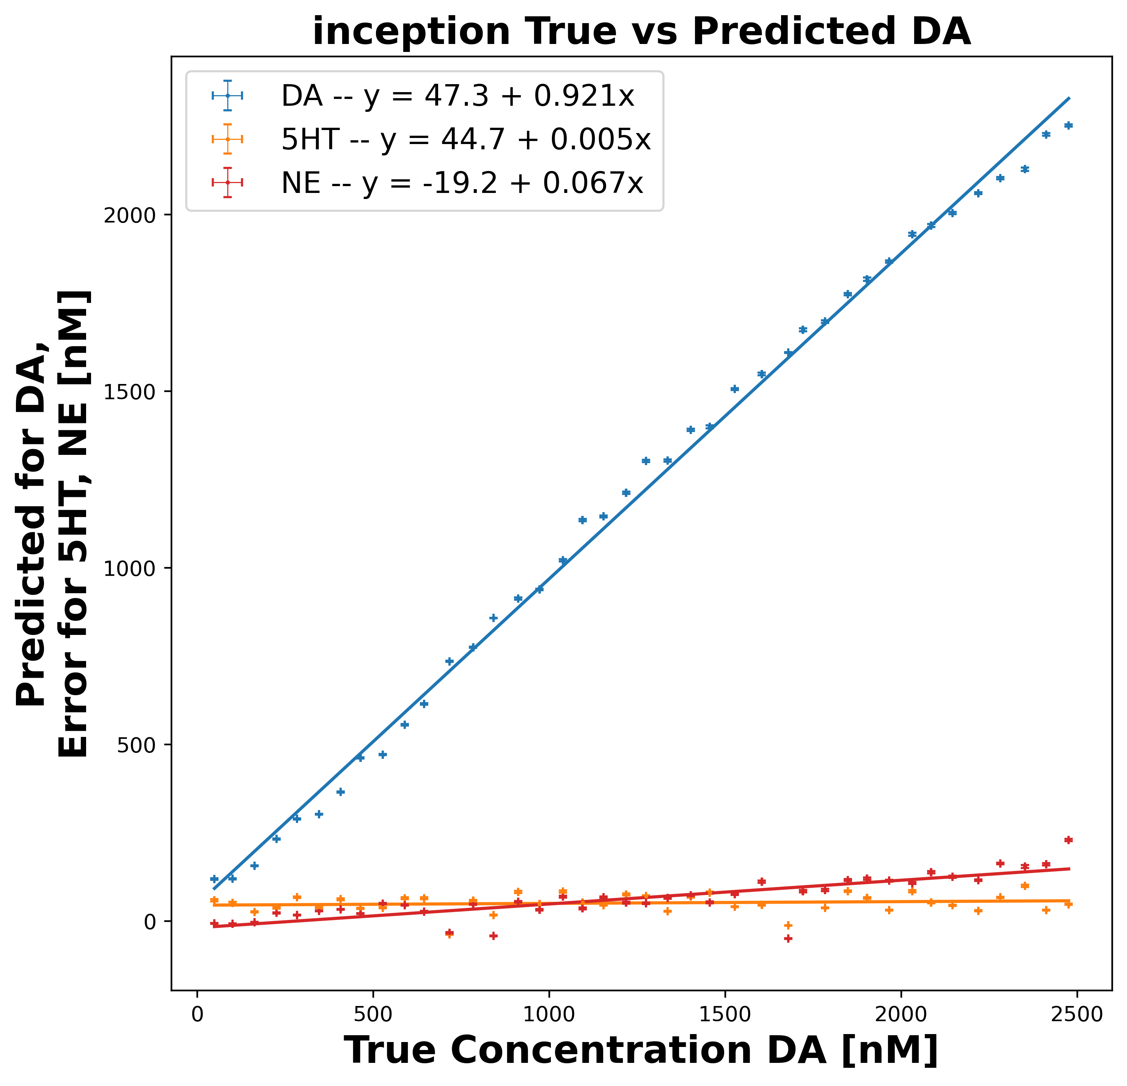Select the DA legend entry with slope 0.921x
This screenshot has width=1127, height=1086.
point(457,96)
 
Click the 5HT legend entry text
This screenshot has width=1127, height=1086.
point(466,139)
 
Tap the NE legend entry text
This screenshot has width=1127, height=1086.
point(462,183)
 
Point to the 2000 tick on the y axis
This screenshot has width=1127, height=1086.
point(135,215)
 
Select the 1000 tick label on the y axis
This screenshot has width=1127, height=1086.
point(135,568)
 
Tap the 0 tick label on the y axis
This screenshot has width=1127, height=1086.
point(151,921)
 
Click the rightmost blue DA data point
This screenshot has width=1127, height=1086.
point(1068,125)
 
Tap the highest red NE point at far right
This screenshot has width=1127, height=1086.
point(1068,840)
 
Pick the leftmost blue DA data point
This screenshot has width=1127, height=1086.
point(214,879)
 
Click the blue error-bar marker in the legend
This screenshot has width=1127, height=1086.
point(228,96)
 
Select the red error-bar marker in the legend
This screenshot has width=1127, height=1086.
point(228,183)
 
